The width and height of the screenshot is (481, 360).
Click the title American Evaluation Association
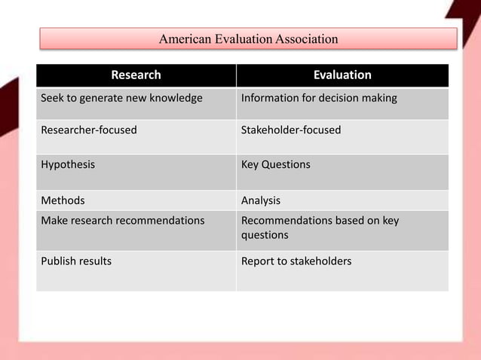[248, 38]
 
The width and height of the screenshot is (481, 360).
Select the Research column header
[136, 75]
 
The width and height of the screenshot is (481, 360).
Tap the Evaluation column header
[342, 75]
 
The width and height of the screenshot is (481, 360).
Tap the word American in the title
[185, 38]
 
